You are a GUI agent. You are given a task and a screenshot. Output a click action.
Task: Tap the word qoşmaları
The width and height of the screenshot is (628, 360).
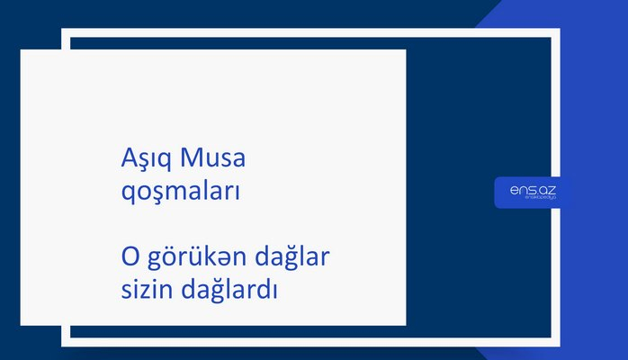(179, 192)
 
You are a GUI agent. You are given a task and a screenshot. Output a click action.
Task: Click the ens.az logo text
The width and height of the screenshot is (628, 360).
(534, 188)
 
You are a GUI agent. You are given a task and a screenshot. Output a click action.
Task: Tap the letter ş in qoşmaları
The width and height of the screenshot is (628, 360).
(155, 192)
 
